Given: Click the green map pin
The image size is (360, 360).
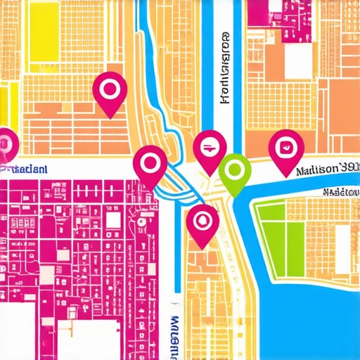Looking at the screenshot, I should click(235, 171).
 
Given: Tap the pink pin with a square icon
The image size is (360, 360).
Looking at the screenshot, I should click(286, 149).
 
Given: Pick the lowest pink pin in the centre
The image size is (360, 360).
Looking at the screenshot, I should click(202, 221).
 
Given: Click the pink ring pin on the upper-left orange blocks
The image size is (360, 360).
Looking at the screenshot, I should click(109, 91).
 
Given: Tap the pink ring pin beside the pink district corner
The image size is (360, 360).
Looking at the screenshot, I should click(150, 164).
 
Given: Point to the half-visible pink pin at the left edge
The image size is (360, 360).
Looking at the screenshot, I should click(6, 144).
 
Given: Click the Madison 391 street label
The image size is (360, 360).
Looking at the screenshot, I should click(327, 169).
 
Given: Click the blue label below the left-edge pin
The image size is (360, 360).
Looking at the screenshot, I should click(25, 169).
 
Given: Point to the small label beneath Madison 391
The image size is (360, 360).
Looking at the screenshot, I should click(340, 191).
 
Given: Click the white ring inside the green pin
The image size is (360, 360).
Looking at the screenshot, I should click(235, 169).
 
